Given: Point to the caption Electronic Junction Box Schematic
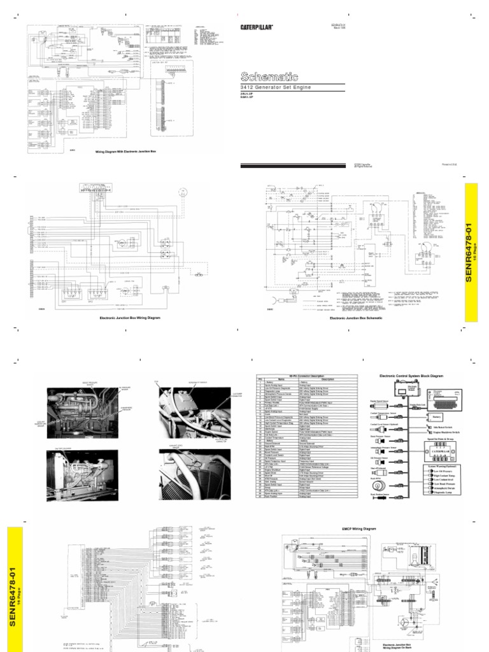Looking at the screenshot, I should [356, 317].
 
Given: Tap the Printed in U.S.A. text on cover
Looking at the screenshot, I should [450, 165].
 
